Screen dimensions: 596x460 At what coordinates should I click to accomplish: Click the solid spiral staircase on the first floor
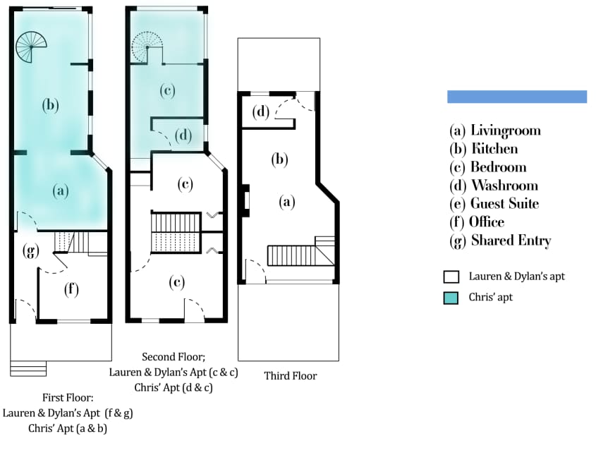tap(31, 47)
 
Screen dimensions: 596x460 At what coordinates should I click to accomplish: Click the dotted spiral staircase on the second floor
tap(147, 47)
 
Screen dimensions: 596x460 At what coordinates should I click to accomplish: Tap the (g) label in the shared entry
tap(31, 251)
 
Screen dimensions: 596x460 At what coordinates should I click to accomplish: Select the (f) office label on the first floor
tap(71, 289)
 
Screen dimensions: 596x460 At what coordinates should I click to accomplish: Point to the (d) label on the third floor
tap(261, 111)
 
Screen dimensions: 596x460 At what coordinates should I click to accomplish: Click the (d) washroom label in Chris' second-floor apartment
tap(183, 135)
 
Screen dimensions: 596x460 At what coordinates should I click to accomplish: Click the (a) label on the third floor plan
tap(287, 202)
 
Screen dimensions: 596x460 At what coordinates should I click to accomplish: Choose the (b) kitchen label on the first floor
tap(51, 105)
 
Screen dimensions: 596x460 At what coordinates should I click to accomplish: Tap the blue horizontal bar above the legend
tap(517, 97)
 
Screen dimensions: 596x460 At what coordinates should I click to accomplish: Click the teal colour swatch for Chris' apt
tap(451, 298)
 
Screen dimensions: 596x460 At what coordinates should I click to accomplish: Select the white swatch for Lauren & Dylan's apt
tap(451, 277)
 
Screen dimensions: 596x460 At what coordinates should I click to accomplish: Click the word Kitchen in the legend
tap(494, 149)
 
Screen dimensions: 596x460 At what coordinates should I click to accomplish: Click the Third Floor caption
tap(291, 376)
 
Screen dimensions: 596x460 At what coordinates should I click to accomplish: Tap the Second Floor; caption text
tap(174, 357)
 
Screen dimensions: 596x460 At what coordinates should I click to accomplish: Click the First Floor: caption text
tap(68, 398)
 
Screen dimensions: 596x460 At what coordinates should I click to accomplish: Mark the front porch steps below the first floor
tap(28, 369)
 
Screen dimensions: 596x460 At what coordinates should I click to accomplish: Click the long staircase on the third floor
tap(291, 255)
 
